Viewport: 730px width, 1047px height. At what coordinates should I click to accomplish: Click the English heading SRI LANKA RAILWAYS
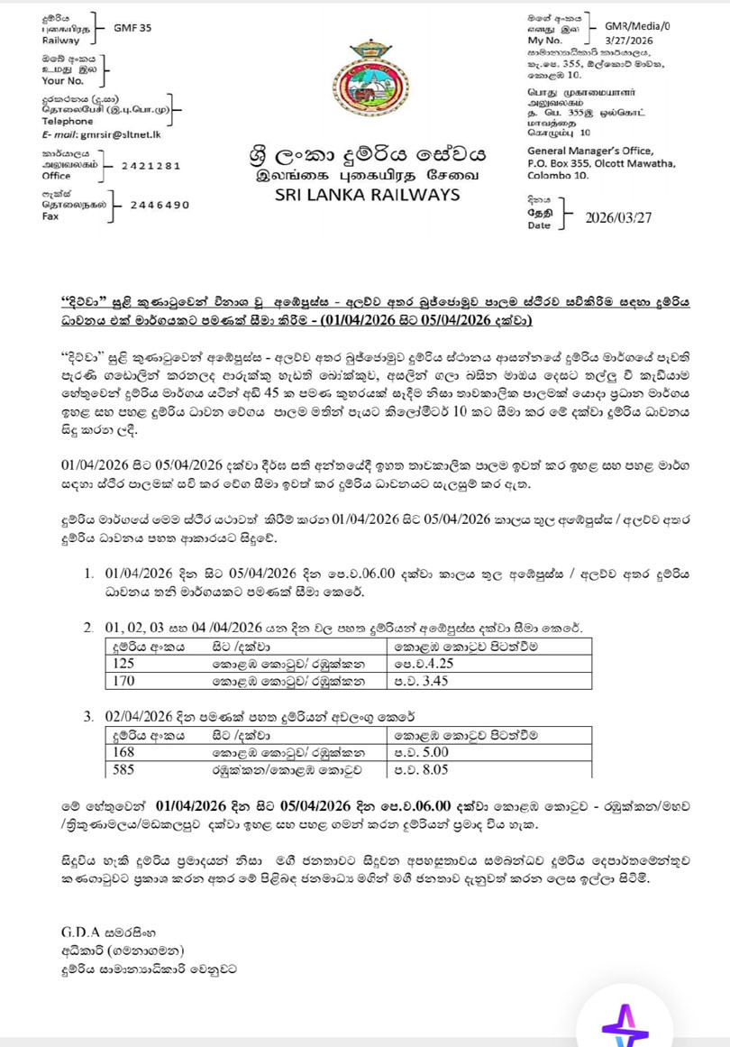[x=368, y=195]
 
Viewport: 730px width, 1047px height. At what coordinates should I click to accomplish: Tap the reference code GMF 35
[x=132, y=28]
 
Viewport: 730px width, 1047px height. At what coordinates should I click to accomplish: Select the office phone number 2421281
[x=151, y=166]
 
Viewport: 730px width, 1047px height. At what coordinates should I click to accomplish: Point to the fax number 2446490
[x=160, y=205]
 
